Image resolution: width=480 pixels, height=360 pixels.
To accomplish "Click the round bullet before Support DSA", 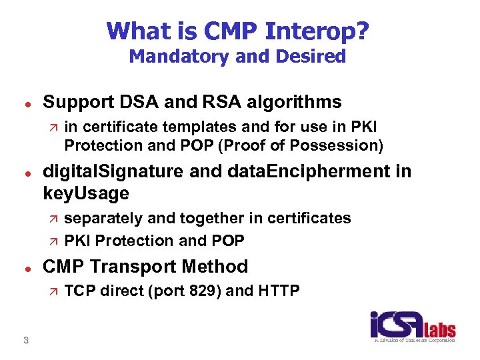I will click(25, 103).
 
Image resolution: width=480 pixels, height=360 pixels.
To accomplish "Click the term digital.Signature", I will click(112, 171).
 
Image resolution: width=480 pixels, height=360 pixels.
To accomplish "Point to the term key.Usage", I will click(85, 193).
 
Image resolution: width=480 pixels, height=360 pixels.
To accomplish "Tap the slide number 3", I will click(25, 340).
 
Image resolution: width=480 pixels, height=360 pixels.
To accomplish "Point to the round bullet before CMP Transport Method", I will click(25, 267).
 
